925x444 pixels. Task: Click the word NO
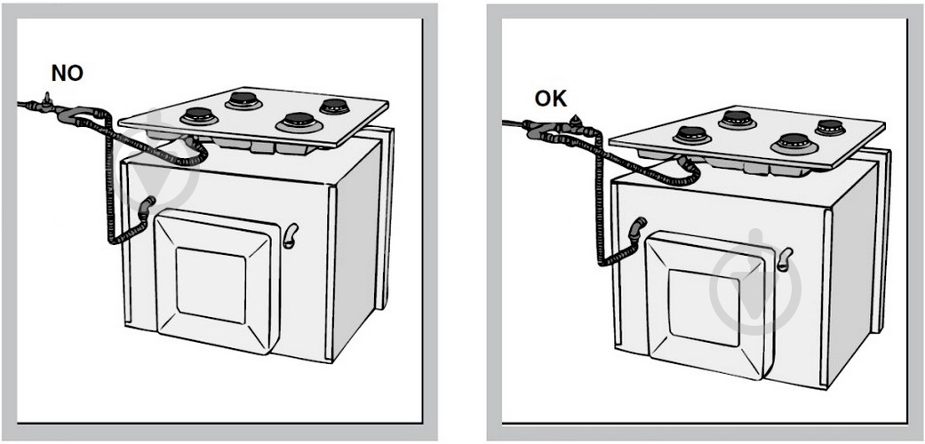click(x=68, y=73)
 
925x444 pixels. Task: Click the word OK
click(x=551, y=99)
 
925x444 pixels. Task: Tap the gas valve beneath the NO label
click(x=46, y=100)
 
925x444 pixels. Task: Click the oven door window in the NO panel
click(x=211, y=285)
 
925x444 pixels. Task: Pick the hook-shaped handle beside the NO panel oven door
click(x=291, y=235)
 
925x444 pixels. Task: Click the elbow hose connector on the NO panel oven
click(x=146, y=207)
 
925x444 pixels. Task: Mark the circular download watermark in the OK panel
click(x=754, y=282)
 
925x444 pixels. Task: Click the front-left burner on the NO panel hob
click(x=199, y=116)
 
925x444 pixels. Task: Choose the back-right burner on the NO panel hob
click(x=334, y=107)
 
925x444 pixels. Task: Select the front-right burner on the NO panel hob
click(x=299, y=122)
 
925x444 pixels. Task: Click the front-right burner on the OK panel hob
click(x=793, y=144)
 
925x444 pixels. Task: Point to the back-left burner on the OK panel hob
click(x=737, y=120)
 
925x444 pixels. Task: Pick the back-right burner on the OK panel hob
click(x=829, y=127)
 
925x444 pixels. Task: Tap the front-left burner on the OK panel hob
click(x=691, y=136)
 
